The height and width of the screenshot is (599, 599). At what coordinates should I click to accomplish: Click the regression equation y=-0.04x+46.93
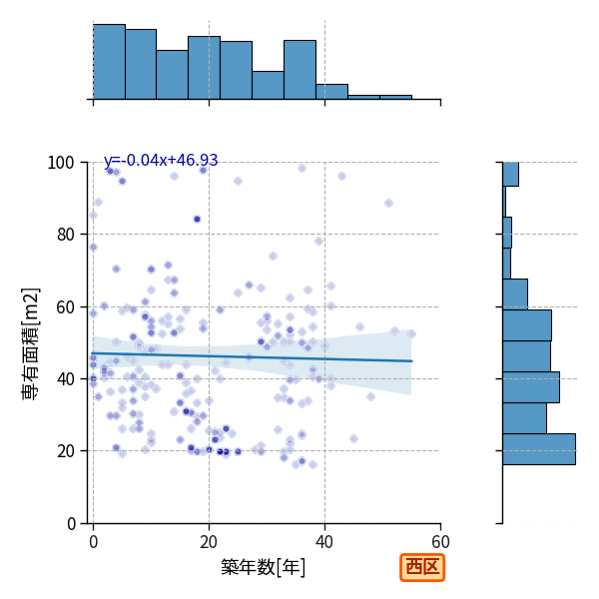point(161,160)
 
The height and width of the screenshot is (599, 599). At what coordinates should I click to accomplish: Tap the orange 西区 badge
point(422,567)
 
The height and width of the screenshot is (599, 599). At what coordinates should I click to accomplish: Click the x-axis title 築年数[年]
point(264,567)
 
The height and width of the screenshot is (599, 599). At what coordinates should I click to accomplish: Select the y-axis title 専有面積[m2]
point(31,343)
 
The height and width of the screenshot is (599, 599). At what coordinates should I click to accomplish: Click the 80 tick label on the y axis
point(65,235)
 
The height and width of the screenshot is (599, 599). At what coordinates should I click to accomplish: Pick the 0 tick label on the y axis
point(71,524)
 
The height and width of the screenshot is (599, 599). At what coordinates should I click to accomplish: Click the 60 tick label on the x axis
point(441,542)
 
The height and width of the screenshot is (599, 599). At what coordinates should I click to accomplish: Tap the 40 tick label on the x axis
point(324,542)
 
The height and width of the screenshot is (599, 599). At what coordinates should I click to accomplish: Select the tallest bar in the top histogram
point(109,62)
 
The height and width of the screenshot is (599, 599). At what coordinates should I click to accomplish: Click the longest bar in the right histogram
point(539,449)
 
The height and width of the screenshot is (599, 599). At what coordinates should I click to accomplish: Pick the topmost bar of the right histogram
point(511,174)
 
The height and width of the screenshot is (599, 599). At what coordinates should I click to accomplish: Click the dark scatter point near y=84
point(197,220)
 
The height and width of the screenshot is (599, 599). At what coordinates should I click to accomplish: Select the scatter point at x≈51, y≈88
point(389,204)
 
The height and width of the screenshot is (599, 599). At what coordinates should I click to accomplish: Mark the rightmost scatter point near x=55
point(411,334)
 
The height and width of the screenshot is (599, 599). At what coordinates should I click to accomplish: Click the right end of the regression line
point(412,361)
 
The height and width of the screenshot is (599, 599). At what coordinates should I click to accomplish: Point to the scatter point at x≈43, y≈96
point(341,176)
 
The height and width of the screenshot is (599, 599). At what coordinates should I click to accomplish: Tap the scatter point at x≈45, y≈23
point(353,438)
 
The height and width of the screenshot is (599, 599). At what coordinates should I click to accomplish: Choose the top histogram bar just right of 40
point(332,92)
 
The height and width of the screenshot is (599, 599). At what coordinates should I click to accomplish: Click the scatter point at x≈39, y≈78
point(319,241)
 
